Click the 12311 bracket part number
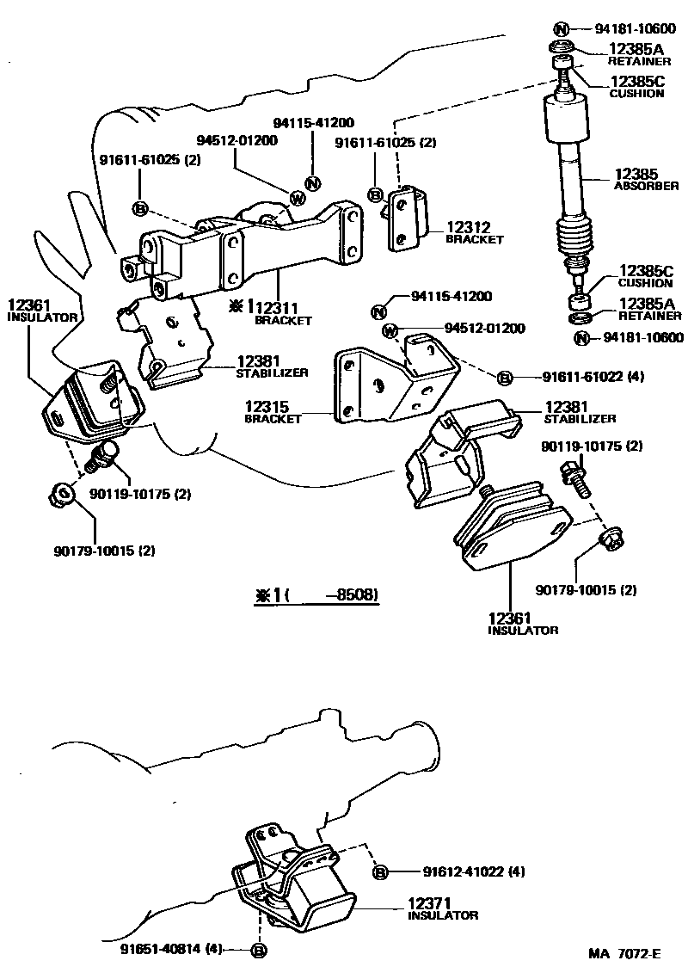click(283, 307)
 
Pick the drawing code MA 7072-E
click(625, 953)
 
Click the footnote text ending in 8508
click(316, 594)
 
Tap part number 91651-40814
click(171, 950)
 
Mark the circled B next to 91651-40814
click(257, 951)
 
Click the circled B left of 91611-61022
click(505, 377)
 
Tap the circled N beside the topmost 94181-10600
click(561, 28)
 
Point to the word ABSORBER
click(646, 186)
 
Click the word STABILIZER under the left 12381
click(272, 373)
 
